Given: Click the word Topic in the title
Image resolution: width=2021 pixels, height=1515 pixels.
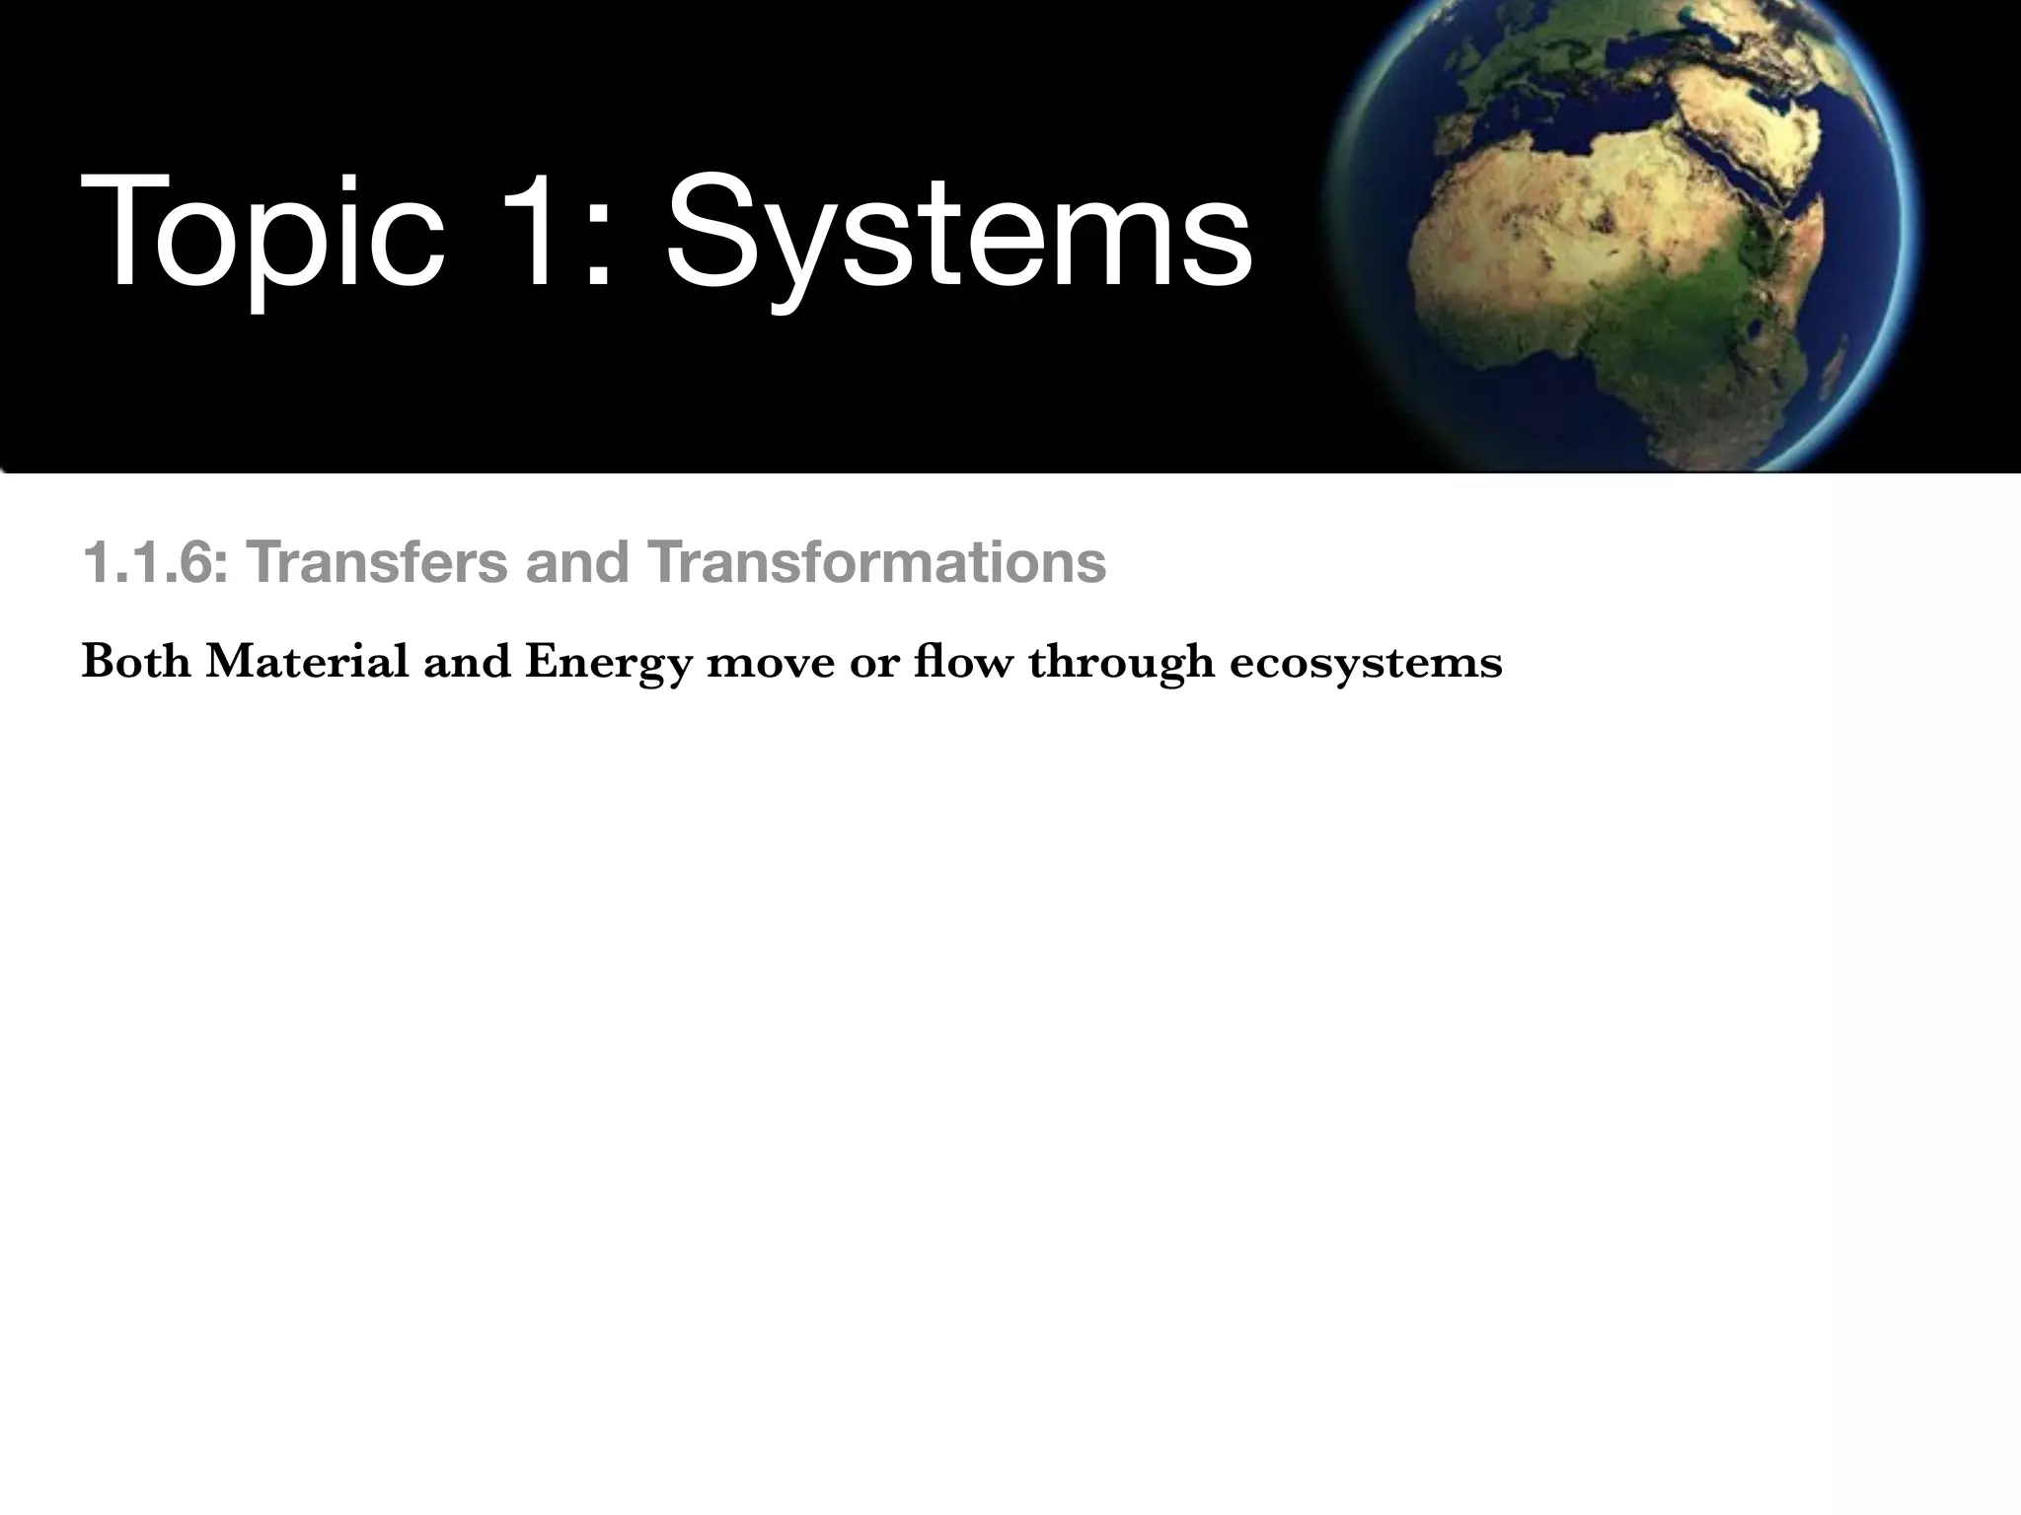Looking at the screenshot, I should pyautogui.click(x=262, y=237).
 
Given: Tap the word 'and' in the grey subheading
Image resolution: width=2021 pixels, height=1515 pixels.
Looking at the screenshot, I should pyautogui.click(x=577, y=563).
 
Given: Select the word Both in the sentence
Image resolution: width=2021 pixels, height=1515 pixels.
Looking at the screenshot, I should pyautogui.click(x=136, y=662).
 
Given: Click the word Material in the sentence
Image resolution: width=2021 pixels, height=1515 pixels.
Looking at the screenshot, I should pyautogui.click(x=307, y=662).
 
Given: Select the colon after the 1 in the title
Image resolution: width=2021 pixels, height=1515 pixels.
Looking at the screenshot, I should pyautogui.click(x=598, y=252).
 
